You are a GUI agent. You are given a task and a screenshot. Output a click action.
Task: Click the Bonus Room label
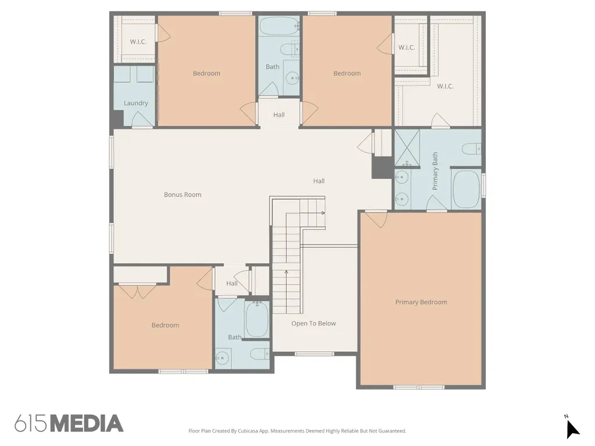pyautogui.click(x=182, y=195)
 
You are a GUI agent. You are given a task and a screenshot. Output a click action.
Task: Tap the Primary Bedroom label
pyautogui.click(x=421, y=302)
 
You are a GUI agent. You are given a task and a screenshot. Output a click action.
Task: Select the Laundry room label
pyautogui.click(x=135, y=103)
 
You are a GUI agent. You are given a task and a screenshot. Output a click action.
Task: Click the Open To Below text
pyautogui.click(x=313, y=323)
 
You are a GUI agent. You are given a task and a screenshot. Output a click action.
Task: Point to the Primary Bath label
pyautogui.click(x=435, y=171)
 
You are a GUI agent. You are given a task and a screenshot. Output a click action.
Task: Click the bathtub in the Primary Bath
pyautogui.click(x=467, y=189)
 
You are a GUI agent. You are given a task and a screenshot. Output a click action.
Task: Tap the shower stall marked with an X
pyautogui.click(x=407, y=148)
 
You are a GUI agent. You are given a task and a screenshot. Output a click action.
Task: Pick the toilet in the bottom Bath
pyautogui.click(x=260, y=354)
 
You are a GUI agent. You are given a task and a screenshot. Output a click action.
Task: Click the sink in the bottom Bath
pyautogui.click(x=223, y=357)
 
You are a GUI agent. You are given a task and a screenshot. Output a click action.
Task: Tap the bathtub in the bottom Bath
pyautogui.click(x=257, y=319)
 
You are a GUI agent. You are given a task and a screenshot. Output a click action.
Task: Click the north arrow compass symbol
pyautogui.click(x=572, y=429)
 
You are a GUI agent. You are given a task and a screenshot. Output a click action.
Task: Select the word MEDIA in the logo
pyautogui.click(x=87, y=423)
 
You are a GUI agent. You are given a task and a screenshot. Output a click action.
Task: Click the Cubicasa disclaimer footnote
pyautogui.click(x=297, y=431)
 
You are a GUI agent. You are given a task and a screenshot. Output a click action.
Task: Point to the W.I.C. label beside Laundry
pyautogui.click(x=138, y=42)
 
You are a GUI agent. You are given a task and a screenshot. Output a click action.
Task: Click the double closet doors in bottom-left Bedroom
pyautogui.click(x=137, y=290)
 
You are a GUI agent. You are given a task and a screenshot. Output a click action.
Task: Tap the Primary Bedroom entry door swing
pyautogui.click(x=376, y=220)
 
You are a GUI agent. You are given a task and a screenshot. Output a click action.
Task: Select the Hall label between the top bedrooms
pyautogui.click(x=279, y=115)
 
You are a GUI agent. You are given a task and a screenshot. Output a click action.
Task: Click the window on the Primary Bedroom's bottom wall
pyautogui.click(x=418, y=387)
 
